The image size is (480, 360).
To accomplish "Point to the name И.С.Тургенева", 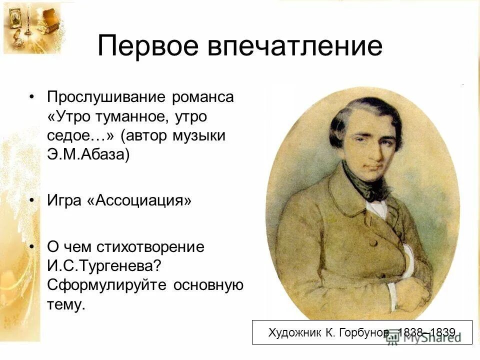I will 105,266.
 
